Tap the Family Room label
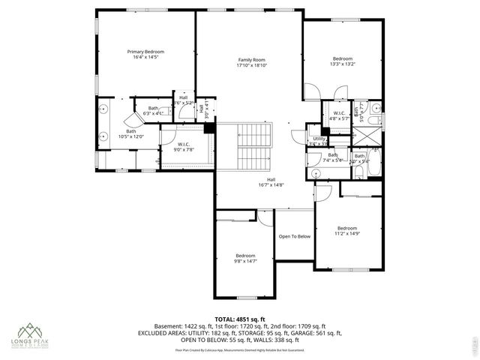tap(252, 62)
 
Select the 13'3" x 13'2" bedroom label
tap(342, 61)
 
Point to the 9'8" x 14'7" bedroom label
tap(245, 258)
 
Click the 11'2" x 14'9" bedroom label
tap(346, 231)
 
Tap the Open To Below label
tap(294, 236)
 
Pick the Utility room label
tap(319, 140)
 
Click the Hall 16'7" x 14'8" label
tap(271, 182)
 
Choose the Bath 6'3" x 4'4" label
tap(153, 111)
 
